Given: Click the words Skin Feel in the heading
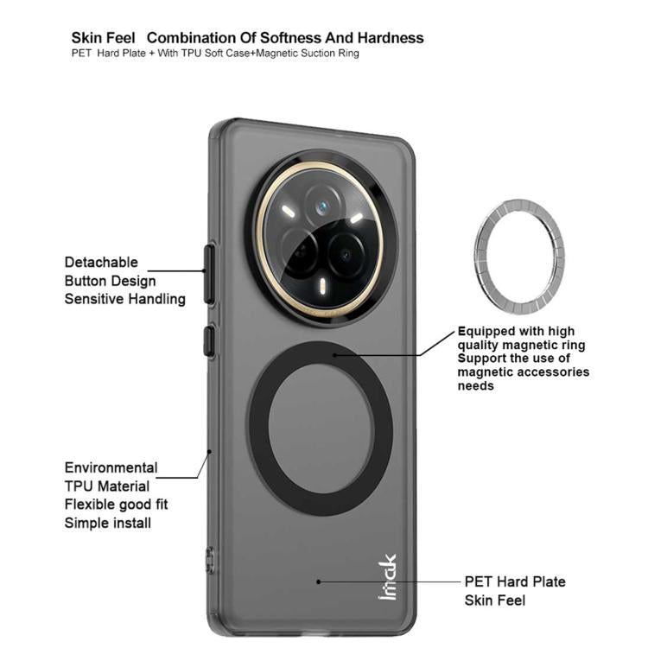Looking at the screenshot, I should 102,38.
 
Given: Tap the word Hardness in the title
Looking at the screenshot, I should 391,38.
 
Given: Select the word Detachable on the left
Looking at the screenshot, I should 100,262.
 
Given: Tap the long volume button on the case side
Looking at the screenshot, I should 208,274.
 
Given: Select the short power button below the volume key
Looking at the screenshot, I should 208,340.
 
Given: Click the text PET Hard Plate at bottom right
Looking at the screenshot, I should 515,581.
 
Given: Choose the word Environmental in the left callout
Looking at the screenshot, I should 111,467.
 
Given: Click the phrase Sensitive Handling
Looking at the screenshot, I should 124,299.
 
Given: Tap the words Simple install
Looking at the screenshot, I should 107,523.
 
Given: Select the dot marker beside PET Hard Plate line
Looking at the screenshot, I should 318,581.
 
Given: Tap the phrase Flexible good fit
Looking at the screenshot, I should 116,505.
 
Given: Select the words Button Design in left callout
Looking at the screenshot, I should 110,281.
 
